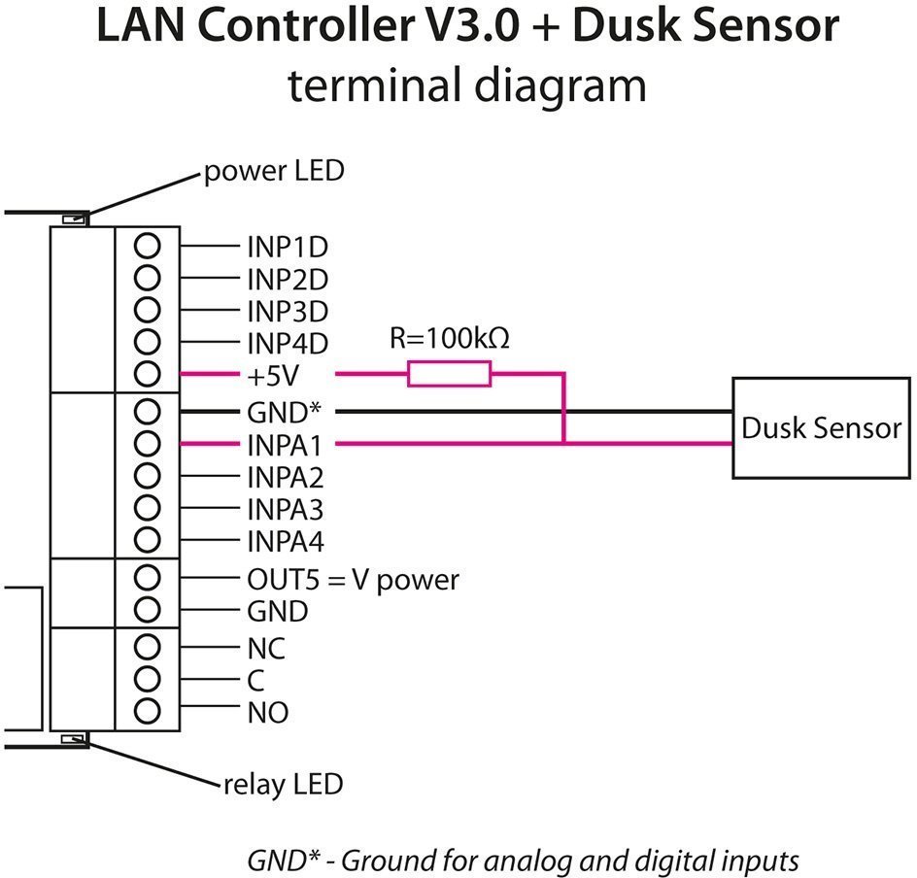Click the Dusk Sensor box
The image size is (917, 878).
point(822,427)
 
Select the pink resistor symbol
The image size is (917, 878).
point(449,374)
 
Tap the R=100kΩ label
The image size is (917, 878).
point(449,339)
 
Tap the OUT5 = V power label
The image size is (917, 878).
point(353,580)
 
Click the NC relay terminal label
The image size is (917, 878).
point(266,648)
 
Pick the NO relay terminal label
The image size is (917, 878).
point(267,713)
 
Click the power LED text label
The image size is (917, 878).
point(273,173)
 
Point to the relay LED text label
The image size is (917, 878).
point(283,783)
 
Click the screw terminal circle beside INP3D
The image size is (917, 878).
point(147,310)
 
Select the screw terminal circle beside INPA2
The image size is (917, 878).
point(147,476)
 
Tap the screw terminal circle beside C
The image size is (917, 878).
point(147,678)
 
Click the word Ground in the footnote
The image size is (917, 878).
point(386,861)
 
